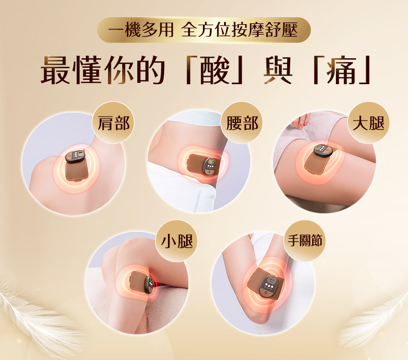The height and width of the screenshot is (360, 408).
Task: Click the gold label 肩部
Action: (x=113, y=123)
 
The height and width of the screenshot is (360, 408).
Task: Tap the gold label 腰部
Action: (x=242, y=123)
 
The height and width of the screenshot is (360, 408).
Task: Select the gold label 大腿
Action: (x=368, y=123)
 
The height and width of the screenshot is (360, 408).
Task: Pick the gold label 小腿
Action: (x=177, y=240)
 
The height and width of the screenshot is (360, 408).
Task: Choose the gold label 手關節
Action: (x=304, y=240)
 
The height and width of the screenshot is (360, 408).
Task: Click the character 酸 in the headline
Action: (x=215, y=70)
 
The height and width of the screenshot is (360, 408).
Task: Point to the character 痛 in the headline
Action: (x=342, y=70)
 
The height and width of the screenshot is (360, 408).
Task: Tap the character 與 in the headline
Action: (x=278, y=70)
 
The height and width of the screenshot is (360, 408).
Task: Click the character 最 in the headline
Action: (x=55, y=70)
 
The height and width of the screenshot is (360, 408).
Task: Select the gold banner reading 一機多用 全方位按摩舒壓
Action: (x=204, y=30)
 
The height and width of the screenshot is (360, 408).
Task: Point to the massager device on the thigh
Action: (x=319, y=160)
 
